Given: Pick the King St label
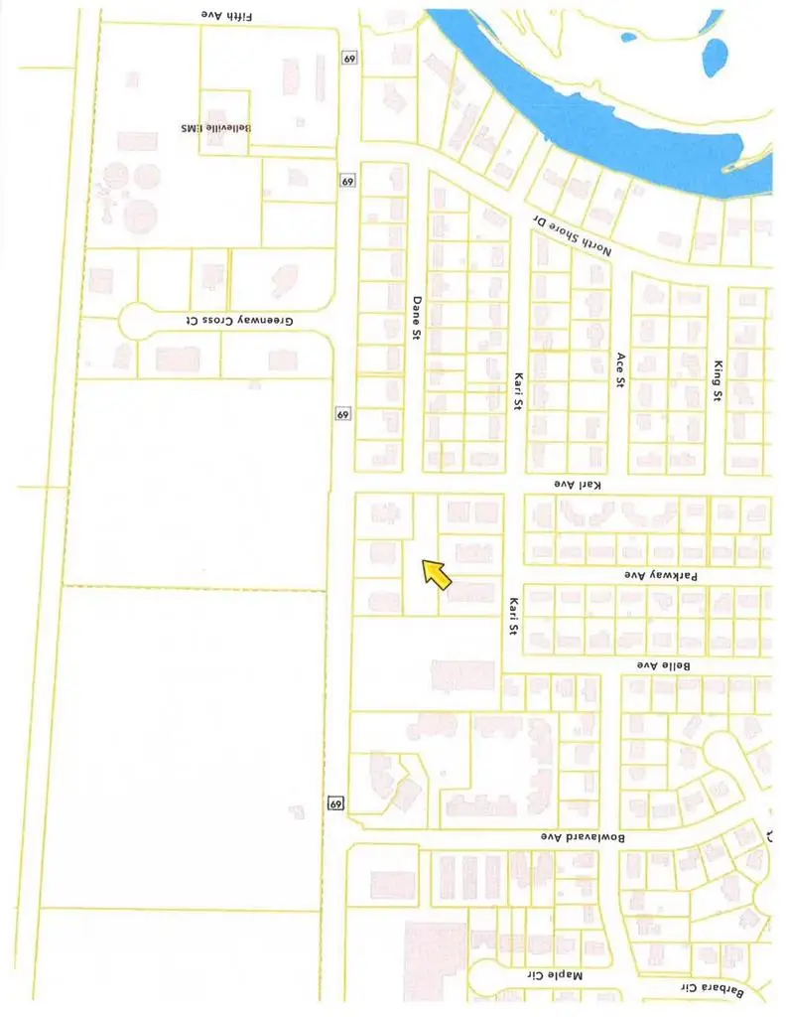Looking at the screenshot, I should click(719, 381).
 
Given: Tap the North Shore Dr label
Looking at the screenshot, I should click(566, 234).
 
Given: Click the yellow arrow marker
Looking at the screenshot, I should click(437, 575).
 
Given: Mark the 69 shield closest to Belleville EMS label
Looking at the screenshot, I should click(345, 182).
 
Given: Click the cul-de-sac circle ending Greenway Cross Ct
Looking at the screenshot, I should click(134, 322).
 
